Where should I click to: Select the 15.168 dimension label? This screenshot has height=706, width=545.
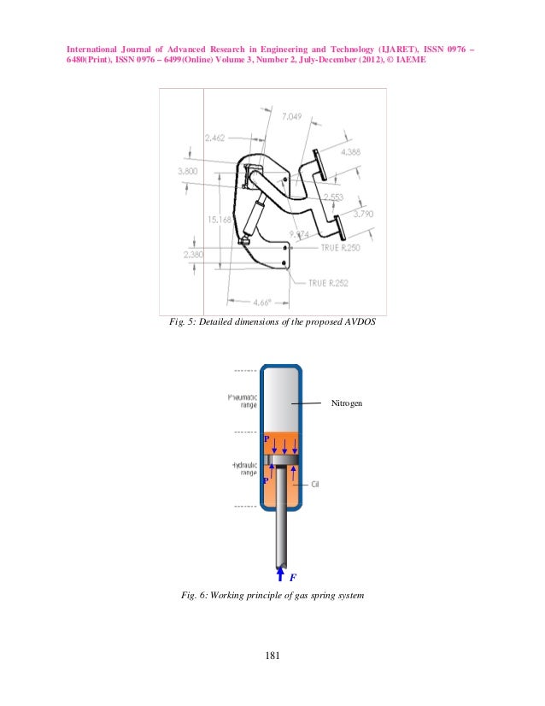[x=218, y=220]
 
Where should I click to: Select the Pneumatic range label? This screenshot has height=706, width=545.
[x=242, y=401]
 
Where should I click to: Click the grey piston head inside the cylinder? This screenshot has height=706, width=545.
[x=282, y=462]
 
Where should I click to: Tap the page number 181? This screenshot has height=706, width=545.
[x=272, y=656]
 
